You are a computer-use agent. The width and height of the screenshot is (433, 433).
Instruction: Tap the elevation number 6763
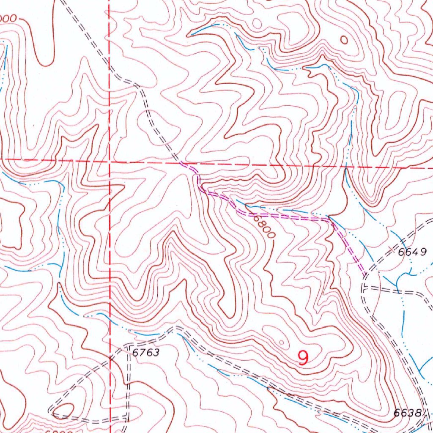point(145,352)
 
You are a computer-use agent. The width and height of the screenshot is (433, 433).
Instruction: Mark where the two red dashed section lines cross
point(109,161)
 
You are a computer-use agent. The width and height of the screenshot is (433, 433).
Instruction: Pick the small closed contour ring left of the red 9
point(282,343)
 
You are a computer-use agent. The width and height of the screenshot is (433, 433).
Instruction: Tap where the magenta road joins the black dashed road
point(364,276)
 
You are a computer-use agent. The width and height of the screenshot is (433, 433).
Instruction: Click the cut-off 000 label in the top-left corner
point(8,19)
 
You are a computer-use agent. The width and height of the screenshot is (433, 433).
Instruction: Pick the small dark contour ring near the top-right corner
point(344,40)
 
